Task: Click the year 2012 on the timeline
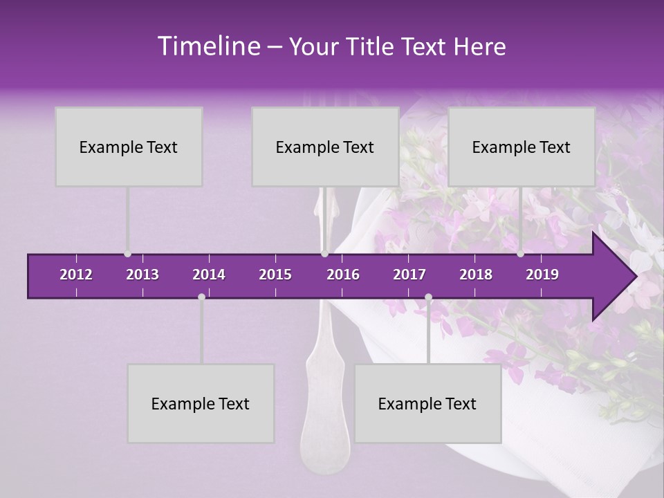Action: [76, 275]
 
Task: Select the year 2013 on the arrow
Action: [142, 275]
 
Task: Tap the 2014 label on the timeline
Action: [209, 275]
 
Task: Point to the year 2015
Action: [275, 275]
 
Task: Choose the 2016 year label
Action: [343, 275]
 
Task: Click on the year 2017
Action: [409, 275]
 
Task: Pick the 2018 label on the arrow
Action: [476, 275]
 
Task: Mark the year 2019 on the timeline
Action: [542, 275]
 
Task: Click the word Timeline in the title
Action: [207, 46]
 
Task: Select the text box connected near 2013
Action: [129, 147]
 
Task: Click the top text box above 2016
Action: [325, 147]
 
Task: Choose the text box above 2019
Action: [522, 147]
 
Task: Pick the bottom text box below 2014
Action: [201, 403]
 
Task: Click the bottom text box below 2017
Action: [427, 403]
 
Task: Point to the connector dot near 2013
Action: [127, 254]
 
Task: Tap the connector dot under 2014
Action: [201, 297]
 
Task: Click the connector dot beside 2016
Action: [324, 254]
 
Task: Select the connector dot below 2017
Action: [428, 297]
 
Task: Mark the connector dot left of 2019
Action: [520, 254]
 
